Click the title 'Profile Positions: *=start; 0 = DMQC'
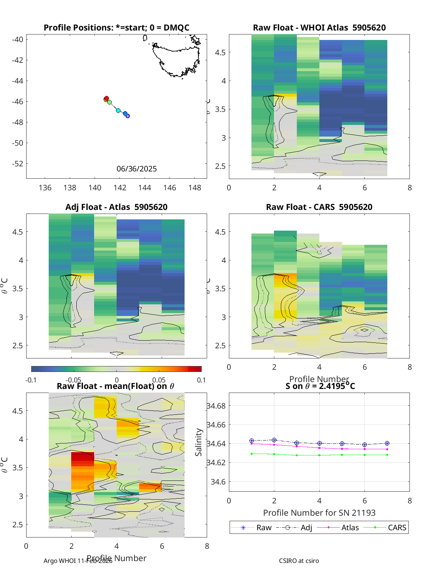pyautogui.click(x=116, y=28)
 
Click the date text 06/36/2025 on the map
pyautogui.click(x=137, y=169)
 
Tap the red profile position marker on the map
pyautogui.click(x=106, y=98)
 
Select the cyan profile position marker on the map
pyautogui.click(x=118, y=110)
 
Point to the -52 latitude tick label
pyautogui.click(x=17, y=164)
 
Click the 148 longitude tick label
pyautogui.click(x=195, y=188)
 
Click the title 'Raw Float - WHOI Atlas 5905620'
pyautogui.click(x=319, y=28)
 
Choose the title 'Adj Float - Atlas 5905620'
pyautogui.click(x=116, y=207)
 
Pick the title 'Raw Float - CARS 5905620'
pyautogui.click(x=319, y=207)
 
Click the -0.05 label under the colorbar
pyautogui.click(x=74, y=380)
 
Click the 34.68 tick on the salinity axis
pyautogui.click(x=216, y=406)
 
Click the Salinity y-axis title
pyautogui.click(x=198, y=442)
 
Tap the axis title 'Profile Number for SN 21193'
pyautogui.click(x=319, y=513)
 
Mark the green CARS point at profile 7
pyautogui.click(x=387, y=455)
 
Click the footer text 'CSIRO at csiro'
pyautogui.click(x=299, y=561)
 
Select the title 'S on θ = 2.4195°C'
pyautogui.click(x=320, y=386)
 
